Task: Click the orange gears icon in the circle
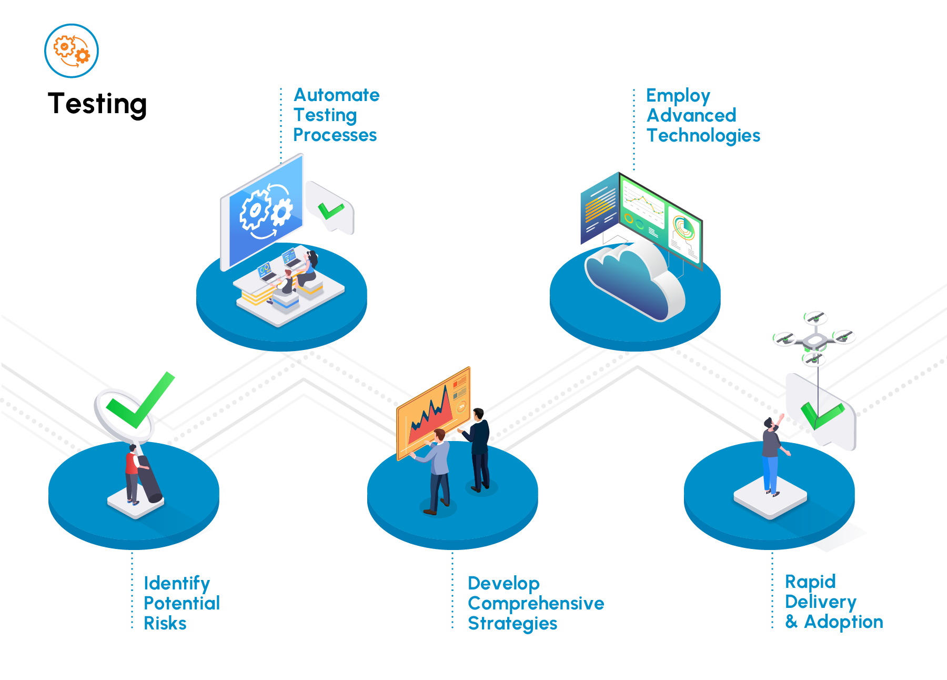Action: [x=72, y=51]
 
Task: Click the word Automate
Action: [x=336, y=95]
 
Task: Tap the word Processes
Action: [x=335, y=135]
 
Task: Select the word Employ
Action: [x=678, y=96]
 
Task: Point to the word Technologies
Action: [x=703, y=136]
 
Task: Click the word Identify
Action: [x=177, y=584]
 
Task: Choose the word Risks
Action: [x=165, y=624]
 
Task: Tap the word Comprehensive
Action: [x=536, y=604]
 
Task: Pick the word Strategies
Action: [x=512, y=624]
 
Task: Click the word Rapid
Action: [x=810, y=582]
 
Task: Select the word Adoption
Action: [x=843, y=622]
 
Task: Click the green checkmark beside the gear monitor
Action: [x=330, y=211]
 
